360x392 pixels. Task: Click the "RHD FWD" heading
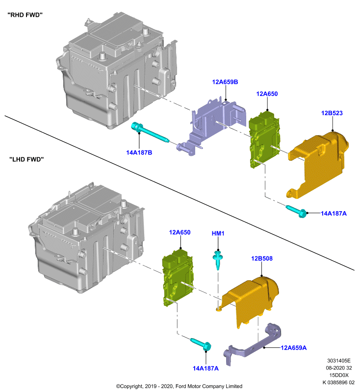click(x=25, y=15)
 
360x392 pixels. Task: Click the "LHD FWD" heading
click(x=26, y=159)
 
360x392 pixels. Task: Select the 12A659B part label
click(x=225, y=82)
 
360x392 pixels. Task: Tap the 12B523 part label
click(x=332, y=113)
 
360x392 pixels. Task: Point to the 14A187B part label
click(x=139, y=152)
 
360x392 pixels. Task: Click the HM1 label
click(x=218, y=234)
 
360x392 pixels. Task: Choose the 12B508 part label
click(x=262, y=259)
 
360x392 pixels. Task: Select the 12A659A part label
click(x=293, y=348)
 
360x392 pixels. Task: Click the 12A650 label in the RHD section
click(x=267, y=94)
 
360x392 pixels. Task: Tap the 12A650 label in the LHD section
click(x=180, y=232)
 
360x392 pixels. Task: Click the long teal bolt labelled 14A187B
click(x=150, y=132)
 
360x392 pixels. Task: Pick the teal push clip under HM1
click(x=218, y=260)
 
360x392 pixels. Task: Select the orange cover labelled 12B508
click(x=253, y=300)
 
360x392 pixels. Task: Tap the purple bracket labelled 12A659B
click(x=213, y=125)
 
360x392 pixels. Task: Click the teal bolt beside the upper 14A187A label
click(x=296, y=211)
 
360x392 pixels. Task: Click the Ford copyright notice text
click(x=179, y=386)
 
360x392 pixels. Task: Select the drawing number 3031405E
click(x=339, y=361)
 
